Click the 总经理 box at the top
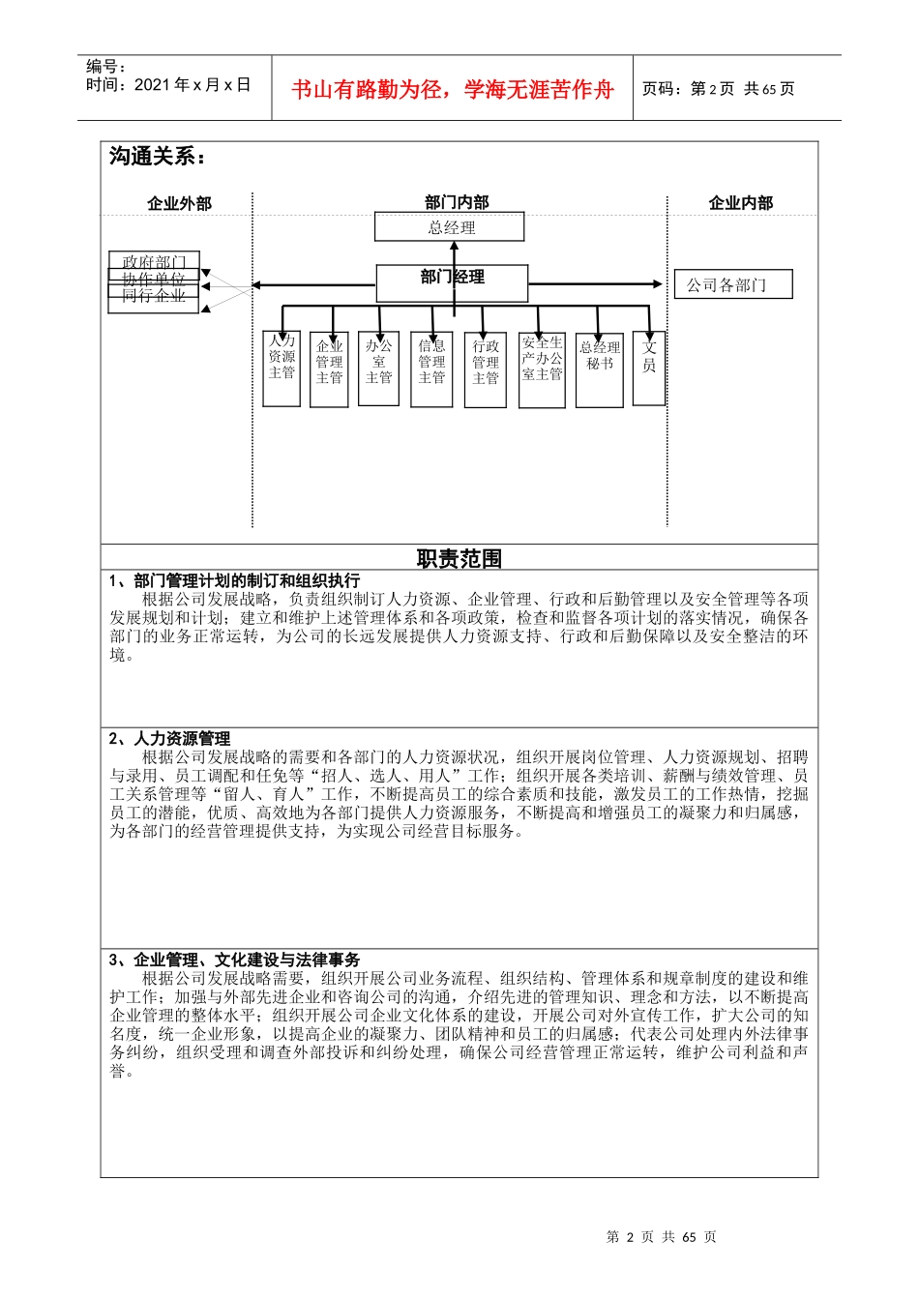[450, 227]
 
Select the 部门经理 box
[452, 282]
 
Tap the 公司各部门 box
[732, 284]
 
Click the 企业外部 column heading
[179, 203]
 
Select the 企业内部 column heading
[741, 203]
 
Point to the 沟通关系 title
[157, 157]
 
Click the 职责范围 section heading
[459, 559]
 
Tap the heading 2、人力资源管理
[170, 739]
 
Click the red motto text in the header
[453, 90]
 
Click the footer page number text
[661, 1237]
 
